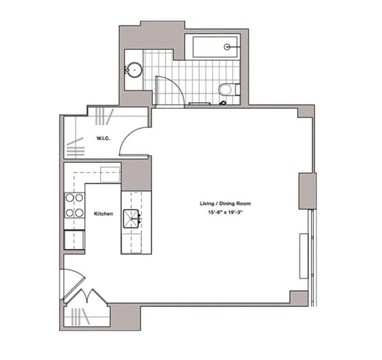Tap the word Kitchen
pyautogui.click(x=103, y=214)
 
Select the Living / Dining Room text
pyautogui.click(x=225, y=203)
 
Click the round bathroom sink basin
pyautogui.click(x=134, y=70)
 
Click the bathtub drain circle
pyautogui.click(x=228, y=46)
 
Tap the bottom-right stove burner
pyautogui.click(x=79, y=212)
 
